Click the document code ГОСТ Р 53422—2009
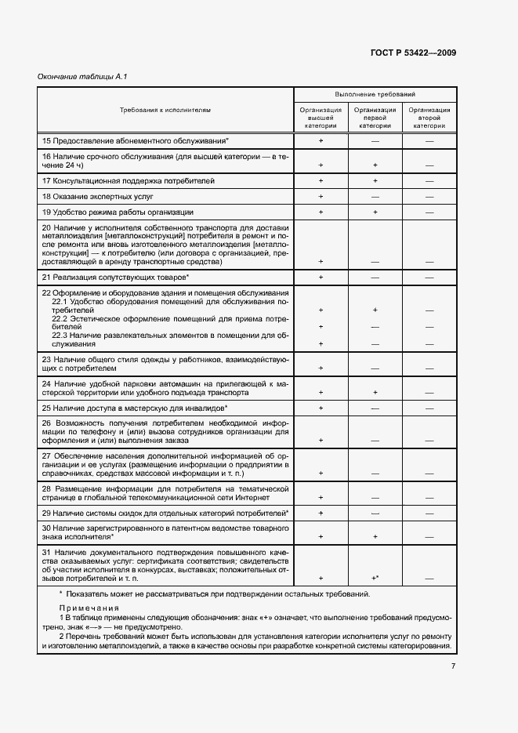(x=413, y=53)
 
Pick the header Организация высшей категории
(x=321, y=118)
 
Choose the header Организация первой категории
(x=375, y=118)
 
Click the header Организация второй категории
(x=429, y=118)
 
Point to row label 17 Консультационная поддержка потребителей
(x=128, y=180)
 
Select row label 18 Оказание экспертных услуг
(x=98, y=196)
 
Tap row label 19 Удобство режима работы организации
(x=118, y=212)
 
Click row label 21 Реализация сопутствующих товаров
(x=116, y=278)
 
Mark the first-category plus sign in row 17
(x=375, y=181)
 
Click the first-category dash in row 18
(x=375, y=197)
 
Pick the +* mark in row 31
(x=375, y=578)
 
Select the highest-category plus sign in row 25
(x=321, y=408)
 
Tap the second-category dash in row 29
(x=429, y=513)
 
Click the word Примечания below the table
(x=82, y=609)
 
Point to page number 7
(x=453, y=666)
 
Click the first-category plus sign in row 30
(x=375, y=537)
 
